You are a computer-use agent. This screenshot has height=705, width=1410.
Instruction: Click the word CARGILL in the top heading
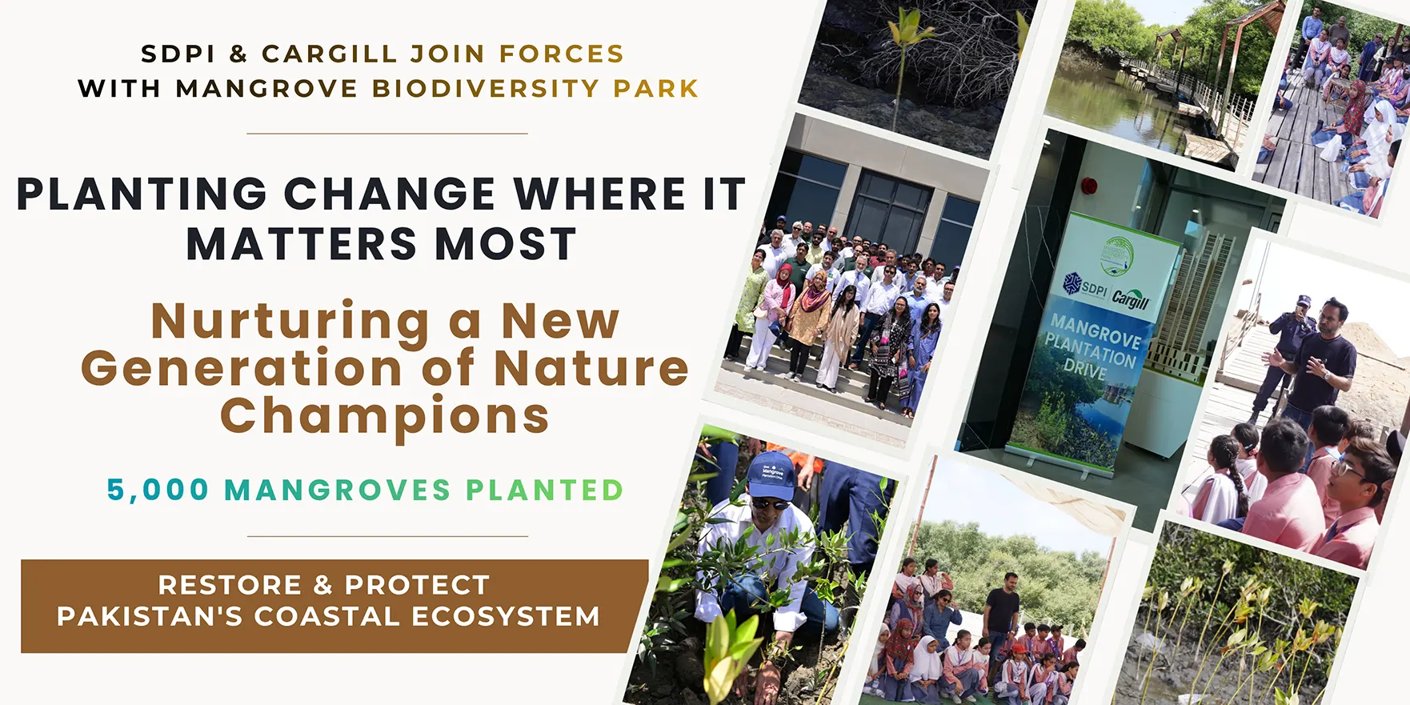click(330, 54)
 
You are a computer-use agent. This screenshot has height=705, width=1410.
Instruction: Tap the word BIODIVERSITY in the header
click(487, 88)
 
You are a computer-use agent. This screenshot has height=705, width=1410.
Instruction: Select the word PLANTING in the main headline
click(142, 194)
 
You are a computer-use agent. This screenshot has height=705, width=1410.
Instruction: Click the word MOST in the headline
click(506, 244)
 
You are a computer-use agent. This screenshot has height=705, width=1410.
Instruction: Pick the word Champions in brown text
click(385, 415)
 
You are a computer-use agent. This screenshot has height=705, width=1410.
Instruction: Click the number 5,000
click(158, 490)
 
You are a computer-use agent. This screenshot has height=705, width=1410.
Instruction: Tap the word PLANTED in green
click(544, 490)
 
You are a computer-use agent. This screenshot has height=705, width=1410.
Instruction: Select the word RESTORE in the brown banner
click(230, 585)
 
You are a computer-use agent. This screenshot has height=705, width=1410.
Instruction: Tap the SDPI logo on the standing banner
click(1085, 286)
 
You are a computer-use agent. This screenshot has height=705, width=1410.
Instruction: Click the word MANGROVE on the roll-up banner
click(1096, 328)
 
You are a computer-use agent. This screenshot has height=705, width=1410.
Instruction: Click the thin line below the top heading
click(387, 134)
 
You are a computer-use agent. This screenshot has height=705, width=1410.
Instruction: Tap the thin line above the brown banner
click(387, 536)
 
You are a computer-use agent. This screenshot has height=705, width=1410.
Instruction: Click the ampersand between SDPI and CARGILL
click(238, 54)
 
